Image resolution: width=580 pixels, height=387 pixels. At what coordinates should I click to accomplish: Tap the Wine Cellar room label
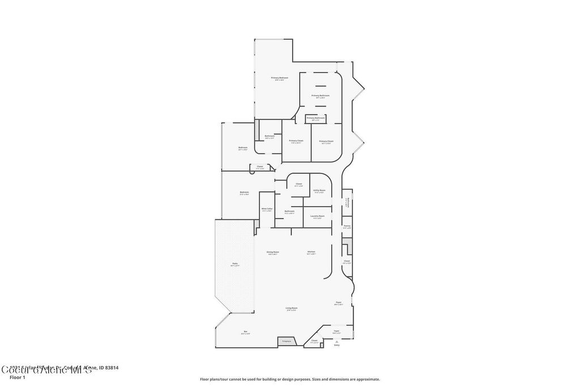(x=267, y=209)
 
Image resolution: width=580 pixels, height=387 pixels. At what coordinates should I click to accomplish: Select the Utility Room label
(x=319, y=190)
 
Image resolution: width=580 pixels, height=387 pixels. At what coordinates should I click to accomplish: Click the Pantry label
(x=347, y=226)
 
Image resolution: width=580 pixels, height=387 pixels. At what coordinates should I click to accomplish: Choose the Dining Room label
(x=273, y=252)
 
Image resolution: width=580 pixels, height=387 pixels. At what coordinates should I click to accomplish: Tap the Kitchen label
(x=311, y=252)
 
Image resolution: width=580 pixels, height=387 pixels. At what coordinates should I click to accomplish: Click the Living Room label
(x=292, y=308)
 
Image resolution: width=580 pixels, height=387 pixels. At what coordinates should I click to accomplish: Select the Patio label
(x=234, y=263)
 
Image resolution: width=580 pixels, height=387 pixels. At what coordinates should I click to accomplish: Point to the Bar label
(x=245, y=331)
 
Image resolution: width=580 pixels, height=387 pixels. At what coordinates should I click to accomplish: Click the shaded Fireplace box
(x=287, y=341)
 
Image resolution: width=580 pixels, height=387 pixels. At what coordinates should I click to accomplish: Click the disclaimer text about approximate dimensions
(x=289, y=379)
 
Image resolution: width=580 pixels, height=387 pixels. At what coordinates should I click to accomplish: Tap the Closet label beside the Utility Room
(x=298, y=184)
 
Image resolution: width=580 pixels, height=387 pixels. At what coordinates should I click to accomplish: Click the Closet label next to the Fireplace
(x=314, y=341)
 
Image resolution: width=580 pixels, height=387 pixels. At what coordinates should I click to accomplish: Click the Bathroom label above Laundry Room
(x=289, y=211)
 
